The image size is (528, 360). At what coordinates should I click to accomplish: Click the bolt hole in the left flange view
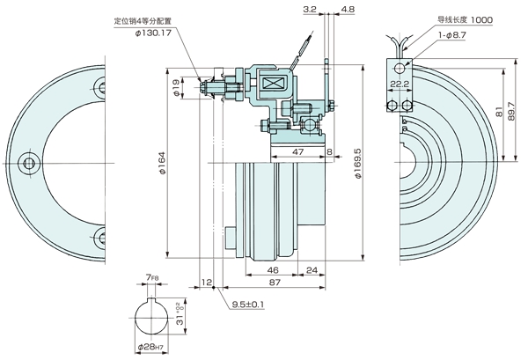28,164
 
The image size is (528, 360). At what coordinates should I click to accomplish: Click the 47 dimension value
298,152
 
